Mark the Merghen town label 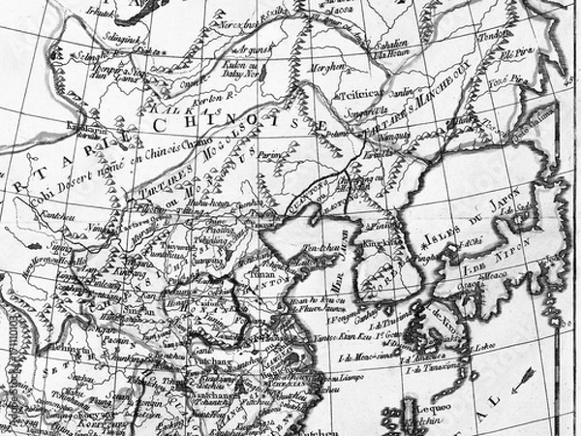(x=324, y=68)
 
